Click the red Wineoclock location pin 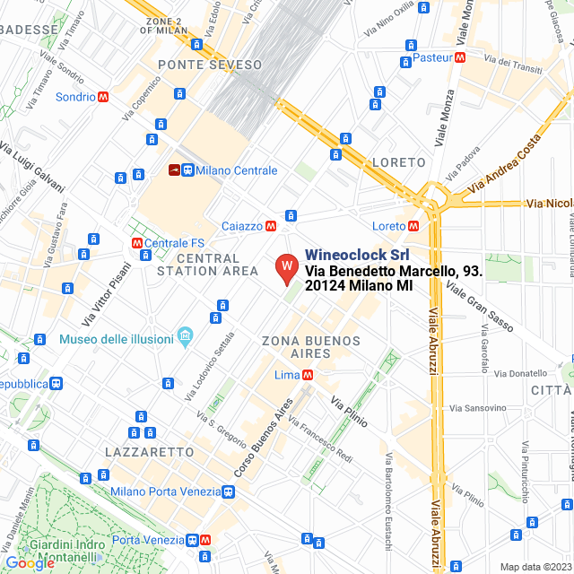(x=285, y=267)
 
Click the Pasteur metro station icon (x=460, y=57)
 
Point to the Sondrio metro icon (x=104, y=97)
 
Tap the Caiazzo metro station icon (x=270, y=226)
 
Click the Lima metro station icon (x=307, y=375)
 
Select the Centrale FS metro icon (x=136, y=243)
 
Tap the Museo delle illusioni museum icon (x=186, y=337)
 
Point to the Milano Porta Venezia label (x=165, y=491)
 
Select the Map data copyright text (x=535, y=567)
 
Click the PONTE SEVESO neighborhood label (x=210, y=65)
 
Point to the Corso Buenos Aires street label (x=265, y=436)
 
